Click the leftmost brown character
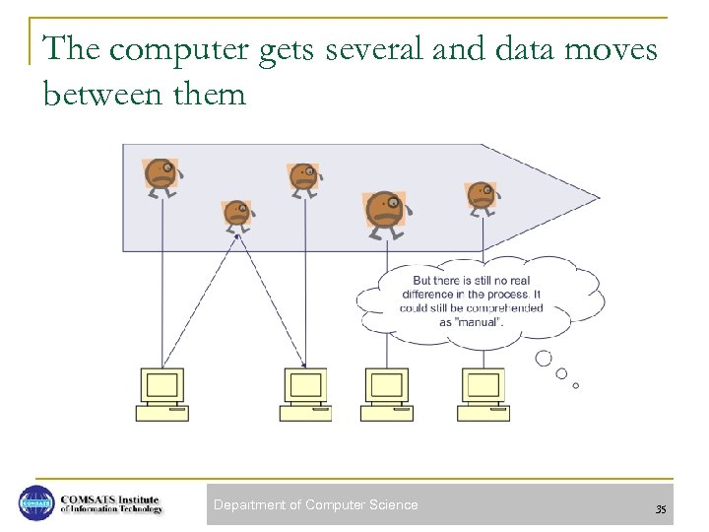coord(161,175)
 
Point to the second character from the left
coord(237,214)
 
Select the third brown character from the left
coord(302,178)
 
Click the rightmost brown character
coord(481,196)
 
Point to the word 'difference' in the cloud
coord(429,295)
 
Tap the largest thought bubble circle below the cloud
coord(543,359)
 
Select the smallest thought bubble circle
coord(576,385)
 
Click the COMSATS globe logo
coord(37,503)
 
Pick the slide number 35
coord(660,509)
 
